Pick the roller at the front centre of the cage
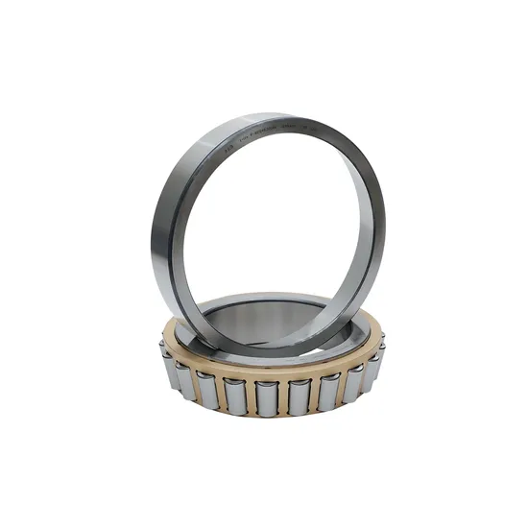267,396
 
